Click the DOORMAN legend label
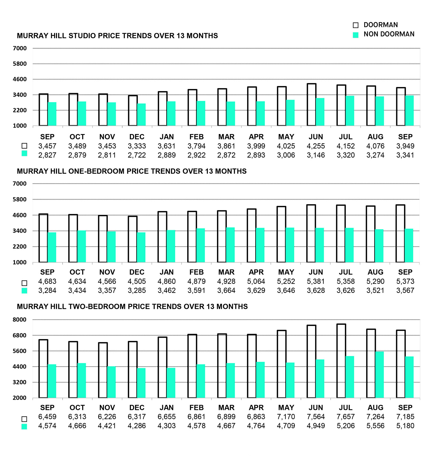[x=380, y=25]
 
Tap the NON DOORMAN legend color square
[x=356, y=35]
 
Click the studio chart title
[x=117, y=36]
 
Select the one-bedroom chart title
[x=132, y=171]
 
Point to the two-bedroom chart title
[x=132, y=307]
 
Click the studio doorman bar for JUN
[x=312, y=105]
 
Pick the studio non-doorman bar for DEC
[x=141, y=115]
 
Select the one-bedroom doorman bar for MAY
[x=281, y=234]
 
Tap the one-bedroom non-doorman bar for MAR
[x=230, y=245]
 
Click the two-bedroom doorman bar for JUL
[x=341, y=361]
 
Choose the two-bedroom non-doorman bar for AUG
[x=379, y=375]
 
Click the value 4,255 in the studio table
[x=316, y=146]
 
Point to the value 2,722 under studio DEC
[x=137, y=155]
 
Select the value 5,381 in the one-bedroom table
[x=316, y=282]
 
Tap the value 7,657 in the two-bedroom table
[x=346, y=417]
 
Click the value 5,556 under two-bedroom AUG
[x=375, y=426]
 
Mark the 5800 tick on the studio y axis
[x=20, y=64]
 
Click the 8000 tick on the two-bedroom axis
[x=20, y=320]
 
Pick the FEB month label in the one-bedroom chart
[x=196, y=272]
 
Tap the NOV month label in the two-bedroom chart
[x=107, y=408]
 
